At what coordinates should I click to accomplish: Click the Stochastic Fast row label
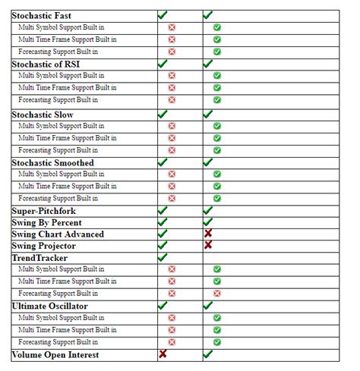(x=42, y=15)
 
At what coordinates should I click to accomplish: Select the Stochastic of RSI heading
(x=46, y=64)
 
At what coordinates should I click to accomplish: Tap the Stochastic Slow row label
(x=42, y=114)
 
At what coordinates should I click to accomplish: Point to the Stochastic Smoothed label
(x=53, y=162)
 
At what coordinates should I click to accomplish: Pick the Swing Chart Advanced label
(x=58, y=234)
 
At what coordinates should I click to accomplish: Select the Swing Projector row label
(x=44, y=246)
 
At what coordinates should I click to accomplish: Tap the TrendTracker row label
(x=39, y=257)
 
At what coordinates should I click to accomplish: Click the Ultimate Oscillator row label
(x=50, y=306)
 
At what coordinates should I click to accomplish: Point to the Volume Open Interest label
(x=55, y=354)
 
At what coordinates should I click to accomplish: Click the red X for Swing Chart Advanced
(x=207, y=234)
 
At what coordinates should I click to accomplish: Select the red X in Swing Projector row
(x=207, y=246)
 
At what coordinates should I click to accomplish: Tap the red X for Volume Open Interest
(x=163, y=354)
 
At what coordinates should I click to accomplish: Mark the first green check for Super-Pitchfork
(x=162, y=210)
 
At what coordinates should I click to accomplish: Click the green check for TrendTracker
(x=162, y=257)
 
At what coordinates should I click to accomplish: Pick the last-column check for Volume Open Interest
(x=207, y=354)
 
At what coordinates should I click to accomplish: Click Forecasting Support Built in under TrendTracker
(x=58, y=293)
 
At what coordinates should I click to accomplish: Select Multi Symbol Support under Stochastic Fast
(x=62, y=27)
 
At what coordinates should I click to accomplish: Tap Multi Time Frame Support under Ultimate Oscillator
(x=68, y=330)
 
